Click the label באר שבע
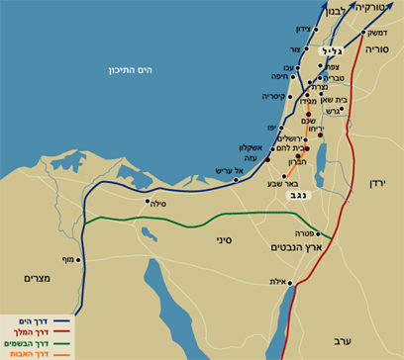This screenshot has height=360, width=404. pyautogui.click(x=272, y=183)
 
